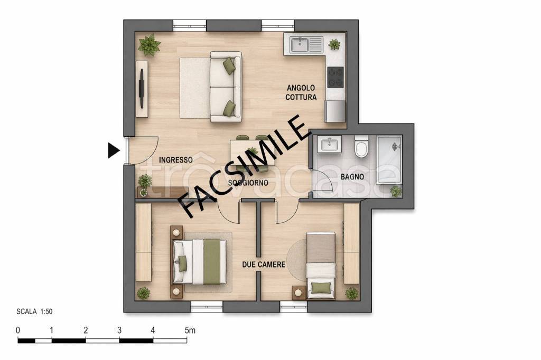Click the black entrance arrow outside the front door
click(x=114, y=150)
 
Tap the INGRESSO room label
click(x=175, y=160)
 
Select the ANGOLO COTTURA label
click(x=301, y=92)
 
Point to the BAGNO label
click(x=352, y=177)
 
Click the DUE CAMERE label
click(x=264, y=264)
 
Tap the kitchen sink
click(x=300, y=44)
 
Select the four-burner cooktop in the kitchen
click(x=335, y=77)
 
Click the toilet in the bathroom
click(x=361, y=146)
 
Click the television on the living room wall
click(x=142, y=88)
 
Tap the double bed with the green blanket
click(x=199, y=262)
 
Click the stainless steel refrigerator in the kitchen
click(x=335, y=111)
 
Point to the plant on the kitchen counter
click(x=334, y=44)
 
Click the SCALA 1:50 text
click(x=34, y=312)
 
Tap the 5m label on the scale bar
click(x=190, y=330)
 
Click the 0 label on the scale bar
click(x=18, y=330)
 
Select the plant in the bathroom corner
click(x=396, y=191)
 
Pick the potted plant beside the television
click(x=149, y=45)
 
